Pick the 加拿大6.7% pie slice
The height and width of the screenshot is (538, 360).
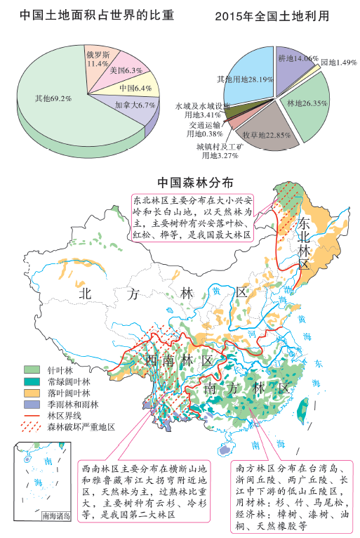pos(133,105)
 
